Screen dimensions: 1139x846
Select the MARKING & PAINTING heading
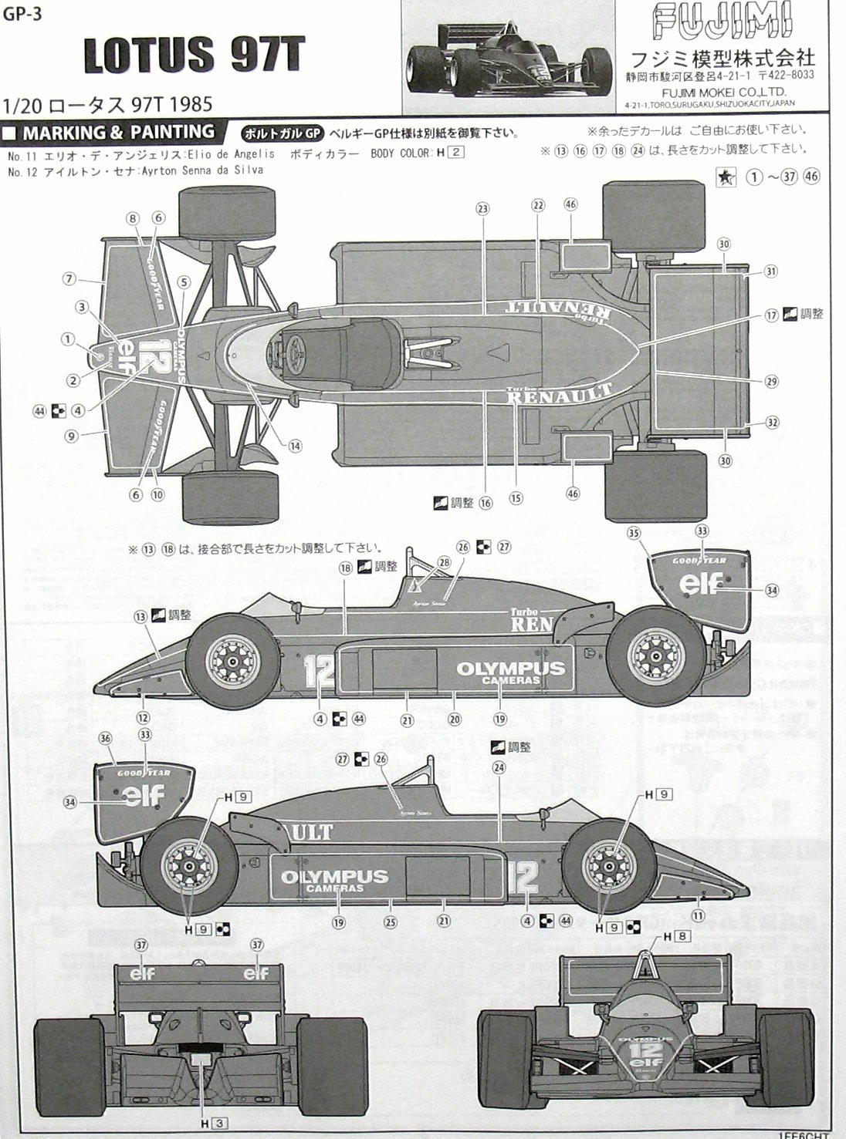point(118,132)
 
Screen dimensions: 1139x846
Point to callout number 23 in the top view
point(483,209)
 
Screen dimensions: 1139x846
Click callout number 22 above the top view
point(538,205)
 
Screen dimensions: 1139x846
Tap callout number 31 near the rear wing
point(770,271)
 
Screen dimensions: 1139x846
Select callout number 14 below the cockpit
point(296,445)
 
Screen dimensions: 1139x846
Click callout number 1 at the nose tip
point(68,338)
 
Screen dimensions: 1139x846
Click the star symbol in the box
point(726,178)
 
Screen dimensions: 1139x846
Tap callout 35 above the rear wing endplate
point(634,533)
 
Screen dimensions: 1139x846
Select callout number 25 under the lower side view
point(391,921)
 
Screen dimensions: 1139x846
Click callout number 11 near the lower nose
point(698,915)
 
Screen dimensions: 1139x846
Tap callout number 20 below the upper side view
point(455,719)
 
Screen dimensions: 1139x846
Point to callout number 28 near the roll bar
point(444,563)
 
